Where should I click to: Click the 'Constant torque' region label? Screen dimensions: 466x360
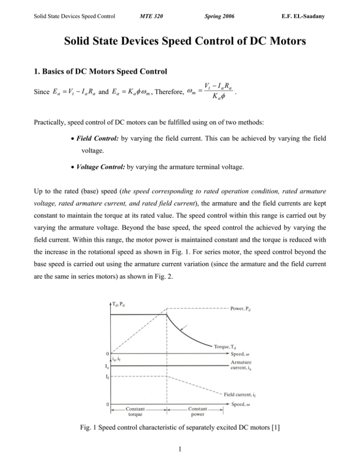tap(138, 413)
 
